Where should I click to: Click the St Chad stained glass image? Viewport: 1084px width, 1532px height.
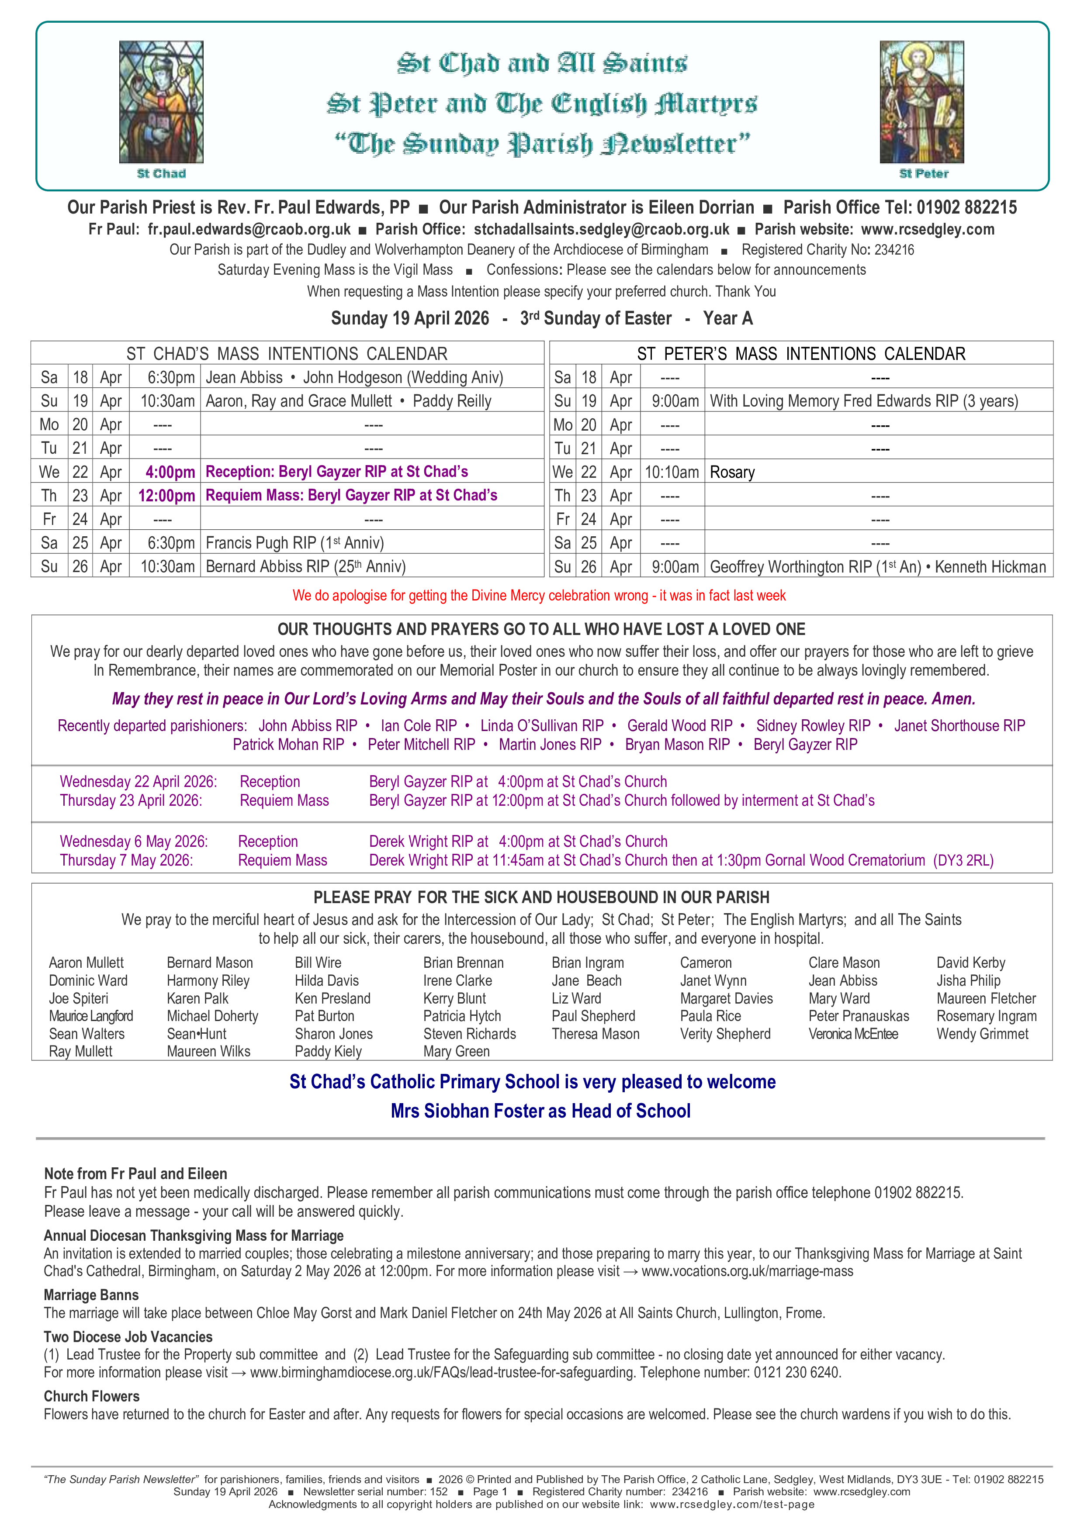(x=161, y=102)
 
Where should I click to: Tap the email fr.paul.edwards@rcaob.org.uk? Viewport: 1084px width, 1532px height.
(x=249, y=230)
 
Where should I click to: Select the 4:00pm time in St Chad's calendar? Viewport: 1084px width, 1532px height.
(x=170, y=472)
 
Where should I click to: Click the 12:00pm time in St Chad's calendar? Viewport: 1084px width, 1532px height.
(x=167, y=496)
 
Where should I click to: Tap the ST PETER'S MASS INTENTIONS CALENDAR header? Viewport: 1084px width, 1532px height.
(x=801, y=354)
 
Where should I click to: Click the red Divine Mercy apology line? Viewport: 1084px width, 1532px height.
(x=539, y=595)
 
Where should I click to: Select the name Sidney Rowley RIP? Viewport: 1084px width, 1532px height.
(x=813, y=725)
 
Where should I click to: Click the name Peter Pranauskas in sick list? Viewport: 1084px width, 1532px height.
(x=859, y=1016)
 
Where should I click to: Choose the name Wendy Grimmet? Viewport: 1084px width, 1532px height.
(x=982, y=1034)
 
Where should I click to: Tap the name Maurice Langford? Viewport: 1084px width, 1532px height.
(x=91, y=1016)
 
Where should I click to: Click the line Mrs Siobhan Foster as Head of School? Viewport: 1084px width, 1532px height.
(x=540, y=1111)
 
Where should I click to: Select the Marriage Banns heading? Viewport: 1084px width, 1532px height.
(x=91, y=1295)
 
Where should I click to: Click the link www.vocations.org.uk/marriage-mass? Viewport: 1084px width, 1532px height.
(x=747, y=1271)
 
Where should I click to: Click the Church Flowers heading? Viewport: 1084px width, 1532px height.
(x=91, y=1397)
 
